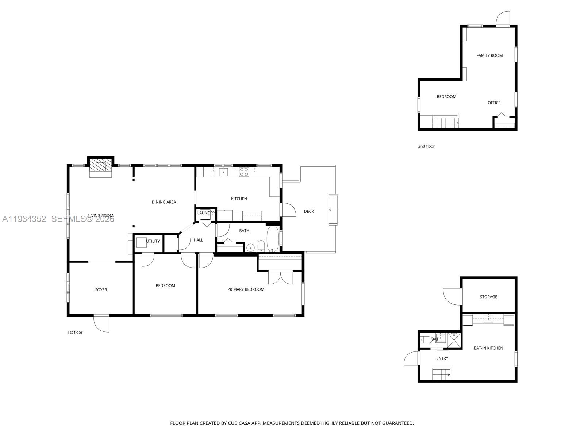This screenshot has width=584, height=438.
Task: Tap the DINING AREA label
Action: pos(164,202)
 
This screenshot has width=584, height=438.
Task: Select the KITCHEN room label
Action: pos(239,199)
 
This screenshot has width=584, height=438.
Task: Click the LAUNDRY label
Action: pos(206,213)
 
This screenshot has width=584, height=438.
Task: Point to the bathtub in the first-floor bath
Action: pos(272,239)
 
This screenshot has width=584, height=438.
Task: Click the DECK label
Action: pos(309,211)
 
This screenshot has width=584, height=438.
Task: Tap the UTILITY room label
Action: pos(153,241)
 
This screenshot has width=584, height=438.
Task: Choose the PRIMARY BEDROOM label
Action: pos(246,289)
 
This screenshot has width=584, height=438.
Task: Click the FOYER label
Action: pos(101,290)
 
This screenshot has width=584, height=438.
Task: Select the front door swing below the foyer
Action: pos(102,323)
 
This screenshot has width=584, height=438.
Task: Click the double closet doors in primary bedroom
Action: pos(280,277)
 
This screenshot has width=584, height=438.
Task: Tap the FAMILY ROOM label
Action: pos(489,55)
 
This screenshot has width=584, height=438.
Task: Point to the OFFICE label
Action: pos(494,103)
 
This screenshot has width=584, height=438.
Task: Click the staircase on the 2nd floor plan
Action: pos(445,122)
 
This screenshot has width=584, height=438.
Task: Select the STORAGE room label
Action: pos(488,297)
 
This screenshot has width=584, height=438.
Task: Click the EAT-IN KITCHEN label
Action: pos(488,348)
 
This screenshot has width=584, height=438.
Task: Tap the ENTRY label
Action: pos(442,358)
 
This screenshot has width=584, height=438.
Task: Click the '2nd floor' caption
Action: pos(426,146)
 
